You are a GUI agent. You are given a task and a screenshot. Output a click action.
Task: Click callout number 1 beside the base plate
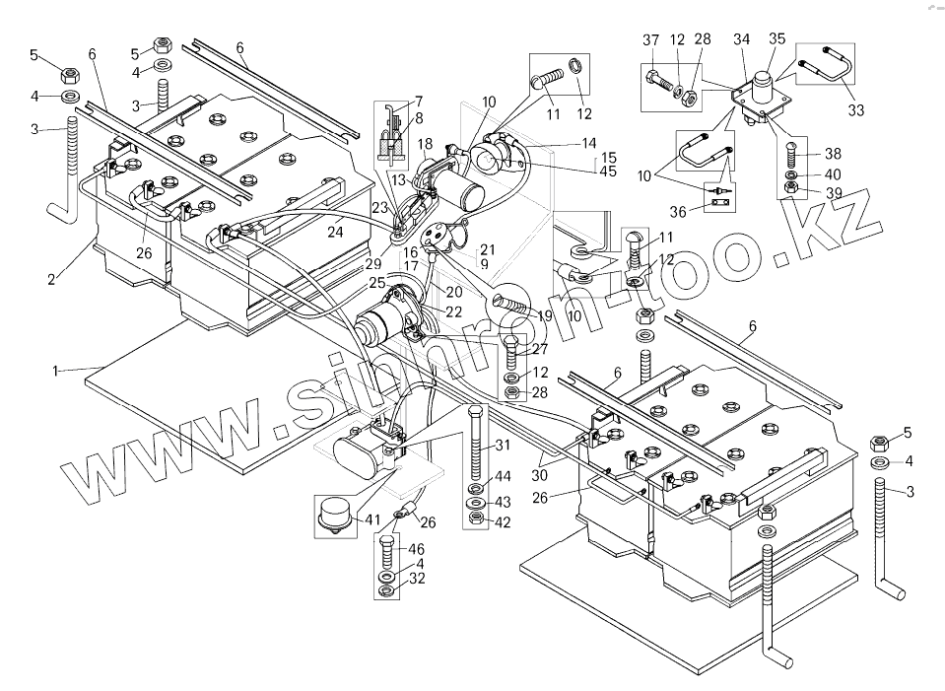pos(57,370)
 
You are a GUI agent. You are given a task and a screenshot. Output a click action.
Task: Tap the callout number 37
pos(650,40)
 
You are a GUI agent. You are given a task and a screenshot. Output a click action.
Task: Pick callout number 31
pos(503,445)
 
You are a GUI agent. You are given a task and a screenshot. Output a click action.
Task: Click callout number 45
pos(607,171)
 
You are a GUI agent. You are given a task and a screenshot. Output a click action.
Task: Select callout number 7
pos(418,101)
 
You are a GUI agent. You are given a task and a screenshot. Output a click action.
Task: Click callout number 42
pos(503,521)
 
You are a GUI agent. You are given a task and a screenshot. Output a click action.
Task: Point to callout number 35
pos(777,40)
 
